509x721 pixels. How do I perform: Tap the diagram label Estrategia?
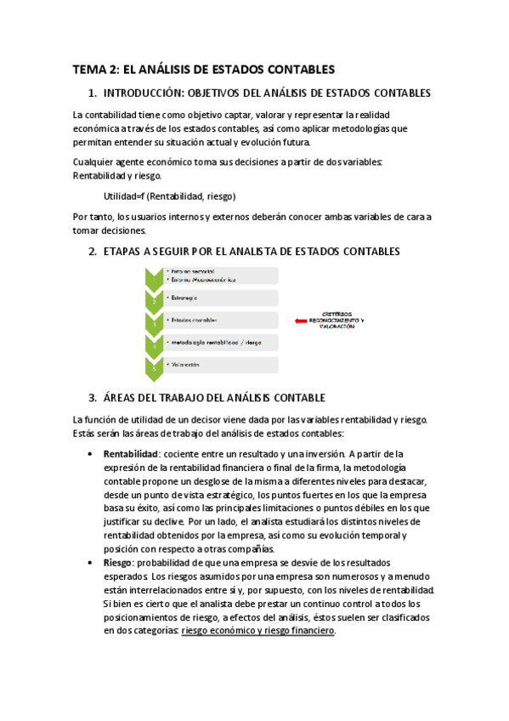[184, 298]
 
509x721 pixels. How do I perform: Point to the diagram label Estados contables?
[195, 321]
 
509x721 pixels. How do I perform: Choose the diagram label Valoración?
[185, 365]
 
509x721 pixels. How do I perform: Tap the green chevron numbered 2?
[153, 299]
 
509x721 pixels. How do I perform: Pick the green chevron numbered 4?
[153, 343]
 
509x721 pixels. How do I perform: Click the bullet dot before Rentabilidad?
[90, 454]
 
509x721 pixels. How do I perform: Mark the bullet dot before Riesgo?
[90, 564]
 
